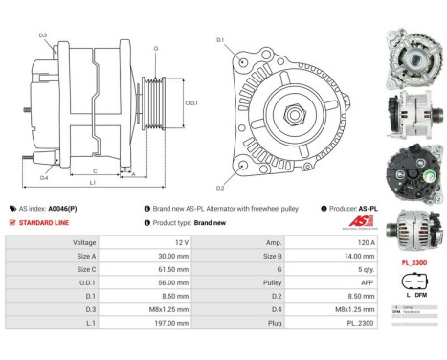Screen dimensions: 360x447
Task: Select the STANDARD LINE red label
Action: (43, 222)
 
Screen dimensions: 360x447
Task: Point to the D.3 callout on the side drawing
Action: (44, 35)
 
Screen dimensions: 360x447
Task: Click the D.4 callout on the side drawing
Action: (44, 177)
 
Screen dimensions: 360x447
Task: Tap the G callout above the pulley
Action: (156, 47)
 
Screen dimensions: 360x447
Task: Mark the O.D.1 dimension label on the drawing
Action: (191, 101)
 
